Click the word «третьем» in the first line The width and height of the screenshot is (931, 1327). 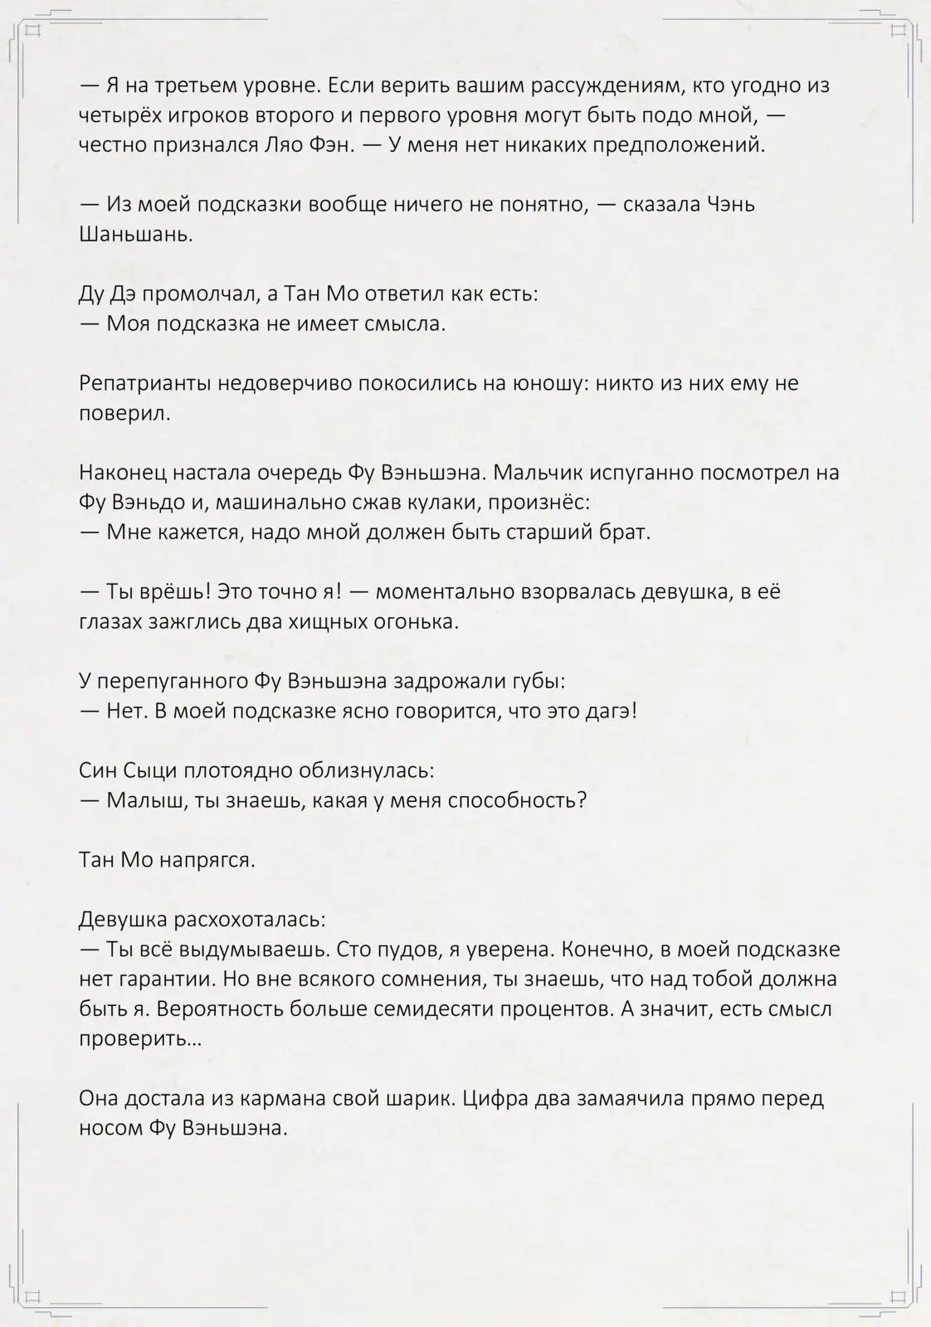pyautogui.click(x=188, y=85)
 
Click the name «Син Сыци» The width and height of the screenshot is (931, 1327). pyautogui.click(x=128, y=771)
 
